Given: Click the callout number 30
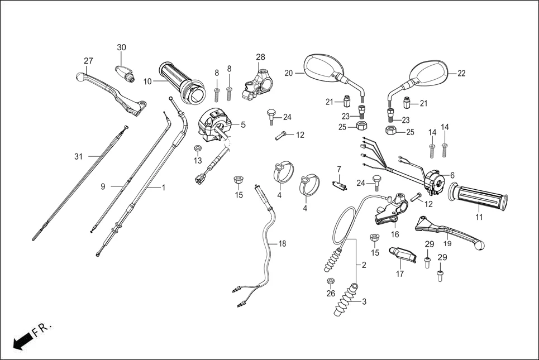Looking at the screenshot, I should pos(122,47).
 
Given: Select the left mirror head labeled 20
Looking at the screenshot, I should pos(322,66).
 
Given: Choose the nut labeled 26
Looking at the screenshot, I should pos(330,280).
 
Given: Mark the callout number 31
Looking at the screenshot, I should pos(78,156).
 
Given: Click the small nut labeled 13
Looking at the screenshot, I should pos(198,148).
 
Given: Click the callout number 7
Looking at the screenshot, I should pos(338,169).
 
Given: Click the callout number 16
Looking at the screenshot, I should pos(394,234).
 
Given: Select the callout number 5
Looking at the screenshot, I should pos(243,124).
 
